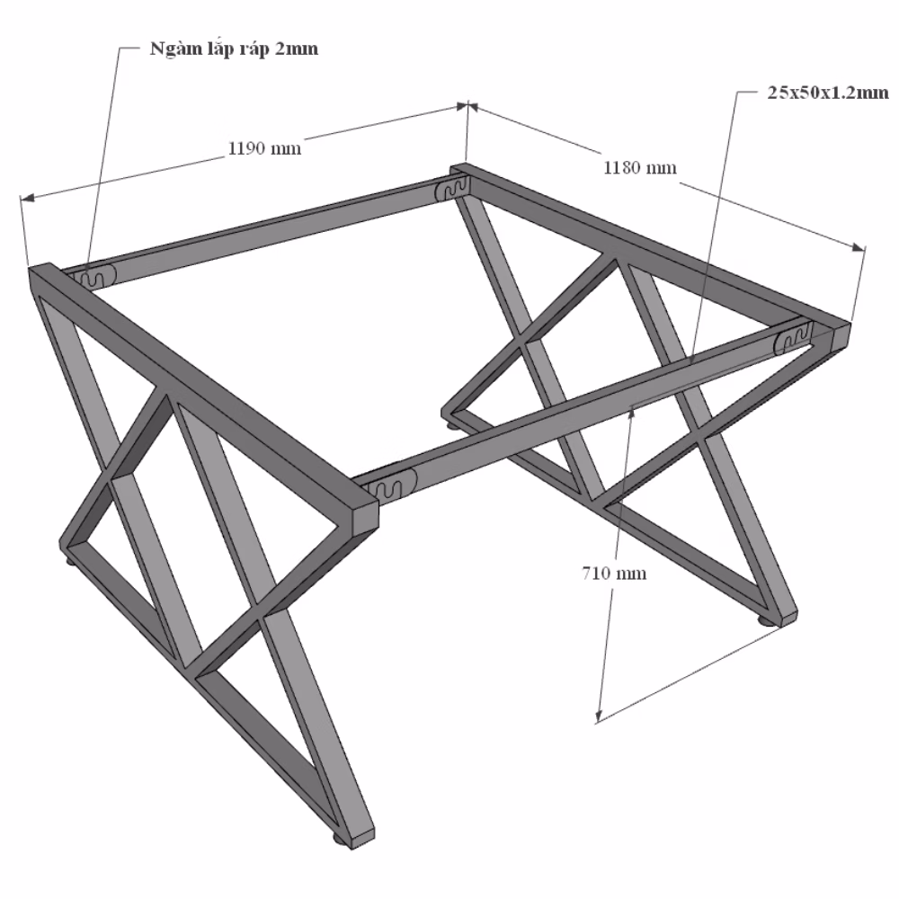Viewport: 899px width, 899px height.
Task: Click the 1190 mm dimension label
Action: click(264, 148)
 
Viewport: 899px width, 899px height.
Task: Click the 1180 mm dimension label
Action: click(640, 167)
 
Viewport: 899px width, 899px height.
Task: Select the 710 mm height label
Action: click(614, 573)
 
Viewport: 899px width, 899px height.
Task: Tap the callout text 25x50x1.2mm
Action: click(827, 93)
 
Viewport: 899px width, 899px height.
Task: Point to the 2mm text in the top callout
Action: click(297, 49)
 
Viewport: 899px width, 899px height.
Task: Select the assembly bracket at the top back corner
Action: click(453, 188)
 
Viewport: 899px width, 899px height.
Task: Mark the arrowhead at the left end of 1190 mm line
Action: click(27, 198)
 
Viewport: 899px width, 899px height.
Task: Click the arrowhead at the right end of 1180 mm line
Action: click(859, 247)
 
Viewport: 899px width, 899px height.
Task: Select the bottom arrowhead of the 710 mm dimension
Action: click(599, 715)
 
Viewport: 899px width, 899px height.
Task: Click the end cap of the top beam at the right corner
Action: click(840, 338)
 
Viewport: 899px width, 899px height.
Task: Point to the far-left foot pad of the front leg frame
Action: click(72, 562)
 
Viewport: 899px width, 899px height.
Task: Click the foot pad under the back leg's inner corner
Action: click(453, 425)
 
